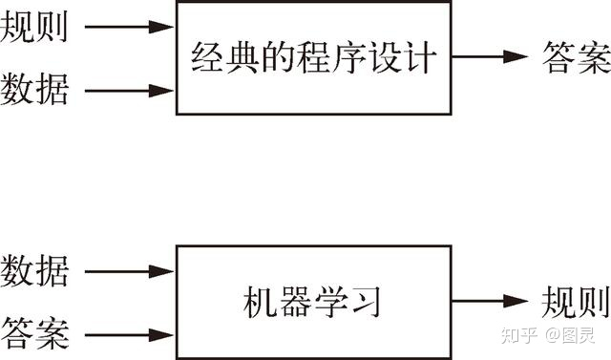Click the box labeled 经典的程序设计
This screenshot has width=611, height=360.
(x=313, y=59)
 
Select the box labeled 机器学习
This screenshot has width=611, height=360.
(x=313, y=304)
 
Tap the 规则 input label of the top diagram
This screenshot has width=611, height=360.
(x=35, y=28)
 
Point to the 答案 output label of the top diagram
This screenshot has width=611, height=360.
(x=575, y=57)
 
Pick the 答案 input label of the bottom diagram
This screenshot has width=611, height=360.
(x=35, y=333)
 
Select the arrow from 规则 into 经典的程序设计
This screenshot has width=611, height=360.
(x=130, y=28)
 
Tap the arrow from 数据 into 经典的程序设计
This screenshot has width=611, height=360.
(x=130, y=92)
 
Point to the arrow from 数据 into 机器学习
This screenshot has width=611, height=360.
(x=130, y=271)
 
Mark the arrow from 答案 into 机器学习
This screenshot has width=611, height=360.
(x=130, y=334)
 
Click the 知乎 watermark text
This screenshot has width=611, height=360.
(x=515, y=336)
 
